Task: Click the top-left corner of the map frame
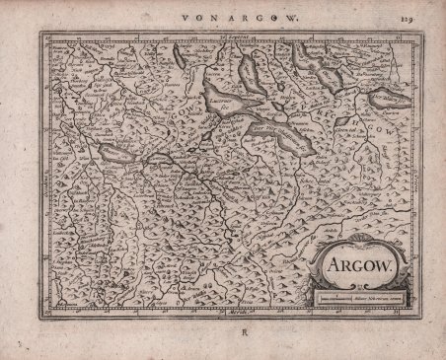coord(42,31)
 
